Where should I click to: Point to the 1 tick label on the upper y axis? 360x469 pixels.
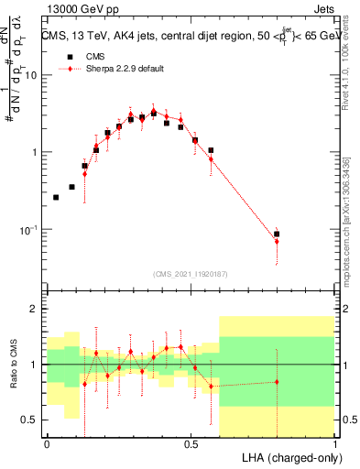pyautogui.click(x=35, y=152)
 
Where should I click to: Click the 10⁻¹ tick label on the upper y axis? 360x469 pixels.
pyautogui.click(x=28, y=229)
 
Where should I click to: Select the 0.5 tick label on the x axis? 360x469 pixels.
pyautogui.click(x=191, y=443)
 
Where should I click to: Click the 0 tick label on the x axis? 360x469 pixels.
pyautogui.click(x=47, y=443)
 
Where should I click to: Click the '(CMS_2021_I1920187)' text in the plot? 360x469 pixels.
pyautogui.click(x=191, y=273)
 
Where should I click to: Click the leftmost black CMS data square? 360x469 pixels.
pyautogui.click(x=56, y=197)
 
